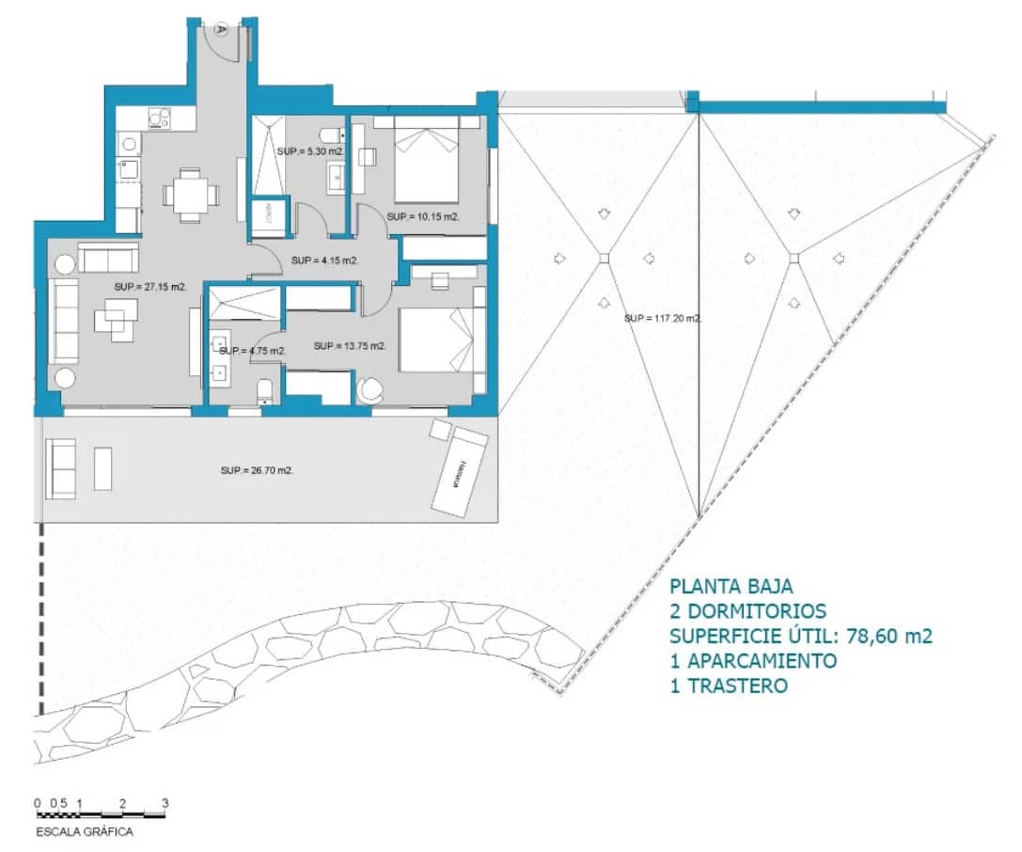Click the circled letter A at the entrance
click(221, 28)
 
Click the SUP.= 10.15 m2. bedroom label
click(423, 217)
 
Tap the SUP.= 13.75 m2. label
click(350, 346)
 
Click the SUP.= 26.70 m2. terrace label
click(257, 470)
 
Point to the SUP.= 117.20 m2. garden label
click(664, 319)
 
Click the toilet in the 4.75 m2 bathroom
click(264, 390)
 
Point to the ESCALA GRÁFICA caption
click(85, 832)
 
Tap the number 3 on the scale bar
click(165, 803)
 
